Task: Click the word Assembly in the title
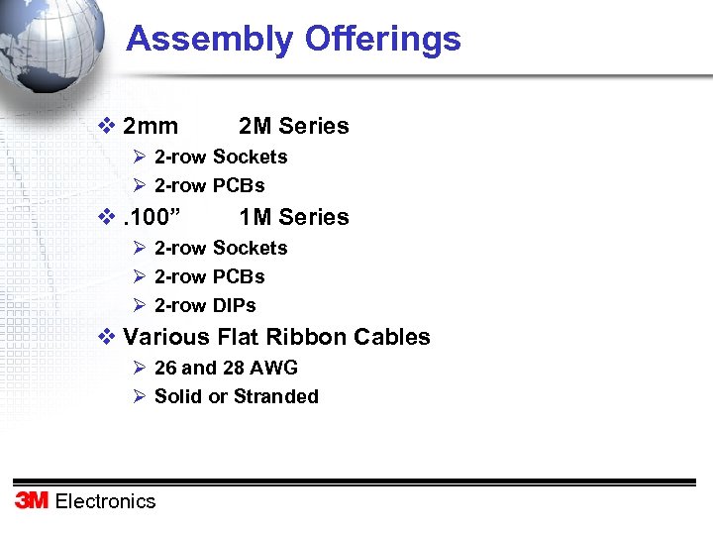pyautogui.click(x=210, y=40)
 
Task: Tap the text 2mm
pyautogui.click(x=151, y=127)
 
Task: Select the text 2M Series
pyautogui.click(x=294, y=127)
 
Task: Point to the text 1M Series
pyautogui.click(x=294, y=218)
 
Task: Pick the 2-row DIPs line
pyautogui.click(x=205, y=305)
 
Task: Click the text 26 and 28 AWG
pyautogui.click(x=226, y=368)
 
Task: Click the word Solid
pyautogui.click(x=178, y=396)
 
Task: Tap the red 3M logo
pyautogui.click(x=32, y=500)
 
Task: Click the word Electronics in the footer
pyautogui.click(x=106, y=501)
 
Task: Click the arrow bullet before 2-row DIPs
pyautogui.click(x=140, y=305)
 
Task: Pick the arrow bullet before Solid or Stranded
pyautogui.click(x=140, y=396)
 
